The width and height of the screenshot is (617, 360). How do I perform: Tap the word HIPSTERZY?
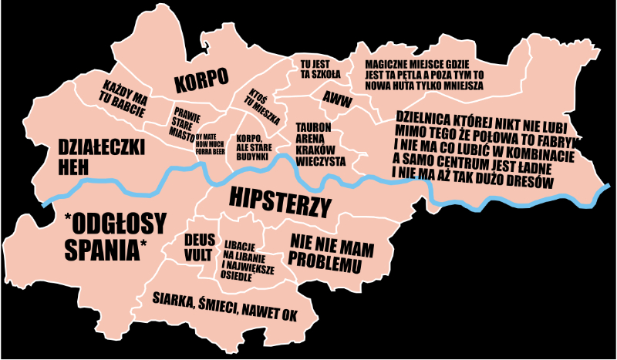(280, 202)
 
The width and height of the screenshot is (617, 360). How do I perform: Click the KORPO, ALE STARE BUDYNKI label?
(258, 146)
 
